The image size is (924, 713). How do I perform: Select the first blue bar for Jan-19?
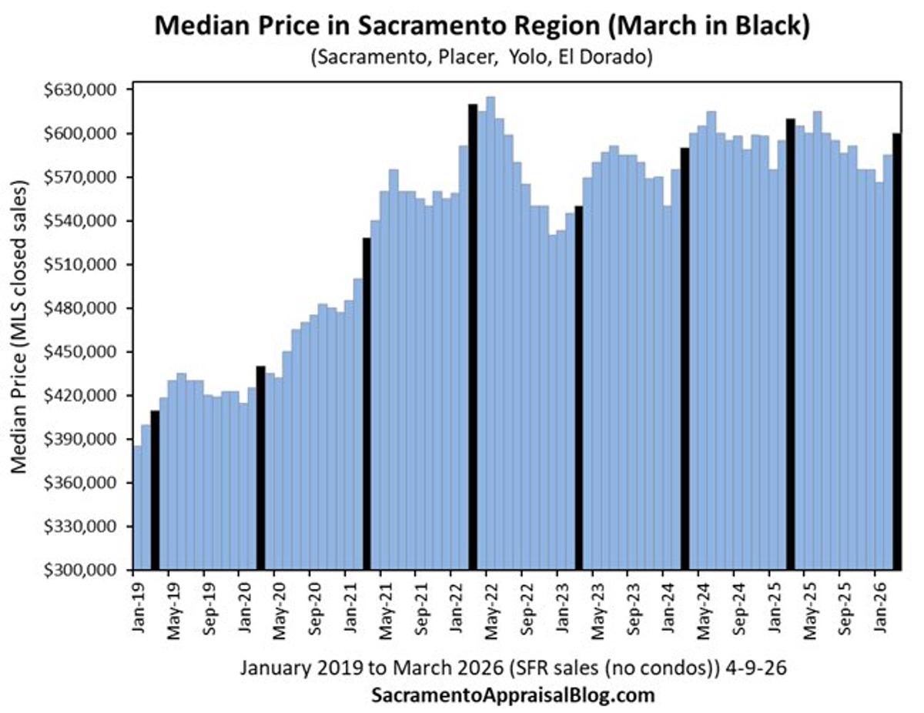(137, 508)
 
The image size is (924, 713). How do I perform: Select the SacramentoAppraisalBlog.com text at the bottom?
(513, 695)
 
